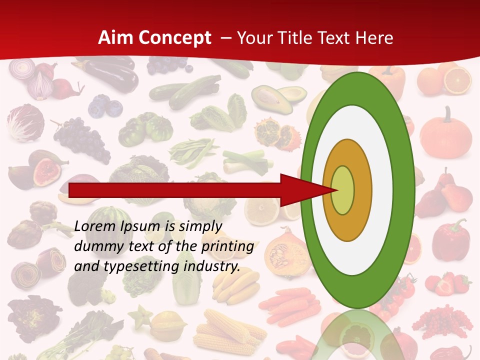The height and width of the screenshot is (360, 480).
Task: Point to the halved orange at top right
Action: [x=458, y=80]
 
